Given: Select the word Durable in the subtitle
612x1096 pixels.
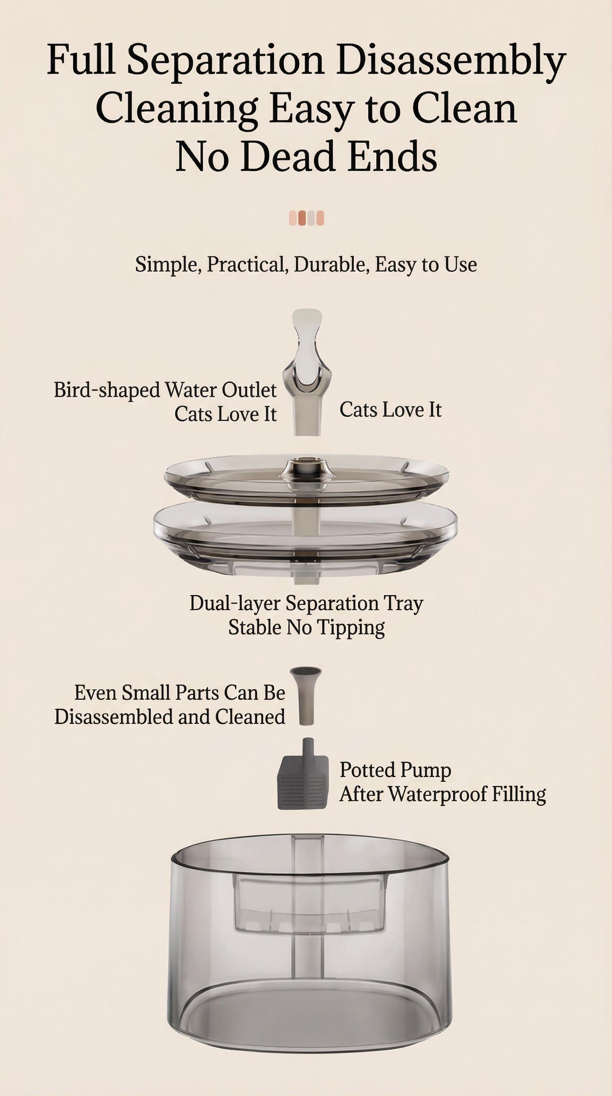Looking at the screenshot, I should tap(331, 264).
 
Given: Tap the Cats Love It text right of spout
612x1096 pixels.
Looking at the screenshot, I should tap(390, 410).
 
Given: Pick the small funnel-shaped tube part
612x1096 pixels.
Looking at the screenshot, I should tap(306, 695).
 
